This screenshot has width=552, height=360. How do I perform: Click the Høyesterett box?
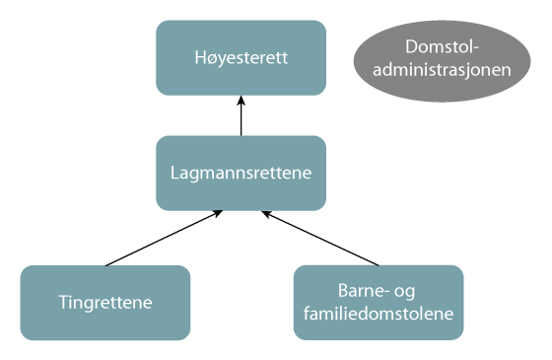click(x=241, y=57)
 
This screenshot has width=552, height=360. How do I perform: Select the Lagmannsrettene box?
click(x=241, y=173)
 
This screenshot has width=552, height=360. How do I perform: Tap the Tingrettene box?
click(x=104, y=303)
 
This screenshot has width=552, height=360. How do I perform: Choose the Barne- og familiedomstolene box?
click(x=379, y=303)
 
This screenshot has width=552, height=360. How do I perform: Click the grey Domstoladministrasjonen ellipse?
click(x=443, y=58)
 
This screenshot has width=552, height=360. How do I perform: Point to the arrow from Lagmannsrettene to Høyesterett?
click(x=241, y=116)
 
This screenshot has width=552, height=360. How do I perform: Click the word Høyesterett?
click(x=241, y=57)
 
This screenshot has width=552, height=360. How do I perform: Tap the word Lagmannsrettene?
click(x=241, y=173)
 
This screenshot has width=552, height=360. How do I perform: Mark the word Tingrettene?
click(x=104, y=303)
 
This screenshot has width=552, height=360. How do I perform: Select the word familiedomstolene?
click(x=379, y=315)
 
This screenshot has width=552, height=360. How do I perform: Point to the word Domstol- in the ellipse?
click(x=443, y=47)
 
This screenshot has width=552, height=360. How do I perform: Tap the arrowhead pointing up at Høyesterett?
click(x=241, y=100)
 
